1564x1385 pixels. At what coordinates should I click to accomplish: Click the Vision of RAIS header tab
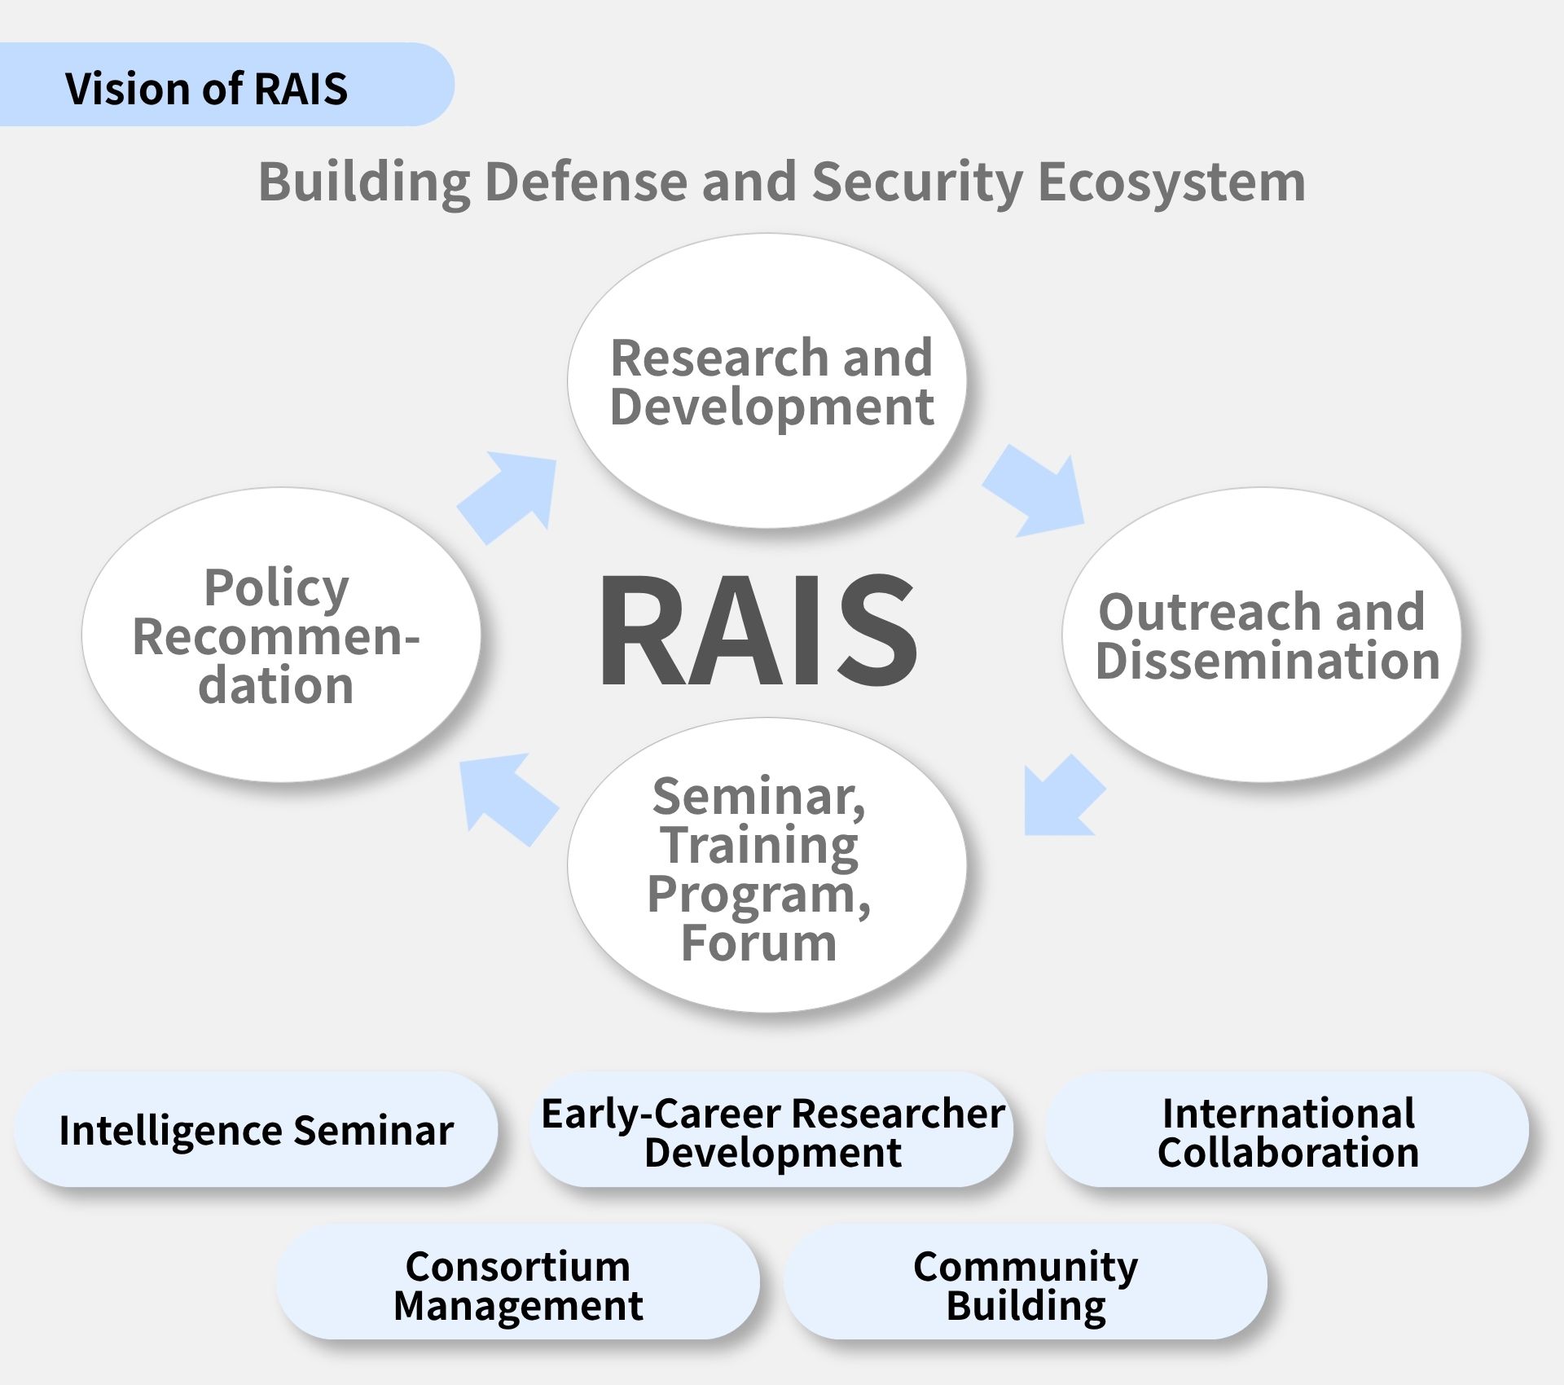(226, 85)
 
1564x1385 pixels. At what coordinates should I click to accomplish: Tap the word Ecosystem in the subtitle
(1171, 181)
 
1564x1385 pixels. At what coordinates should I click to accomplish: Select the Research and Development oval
(767, 380)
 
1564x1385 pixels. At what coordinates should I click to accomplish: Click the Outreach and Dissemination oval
(1262, 635)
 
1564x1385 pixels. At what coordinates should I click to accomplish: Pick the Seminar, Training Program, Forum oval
(767, 864)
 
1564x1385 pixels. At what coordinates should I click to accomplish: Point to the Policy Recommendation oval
(281, 635)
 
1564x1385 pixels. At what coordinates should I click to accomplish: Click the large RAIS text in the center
(758, 630)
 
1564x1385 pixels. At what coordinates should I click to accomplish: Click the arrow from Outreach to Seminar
(1063, 796)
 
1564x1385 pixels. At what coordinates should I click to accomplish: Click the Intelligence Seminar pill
(256, 1129)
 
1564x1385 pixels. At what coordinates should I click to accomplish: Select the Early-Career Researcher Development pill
(771, 1129)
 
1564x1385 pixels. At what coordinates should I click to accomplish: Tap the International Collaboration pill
(1287, 1129)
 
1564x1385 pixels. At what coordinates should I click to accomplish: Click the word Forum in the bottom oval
(758, 943)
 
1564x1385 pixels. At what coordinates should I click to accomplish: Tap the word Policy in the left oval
(276, 588)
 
